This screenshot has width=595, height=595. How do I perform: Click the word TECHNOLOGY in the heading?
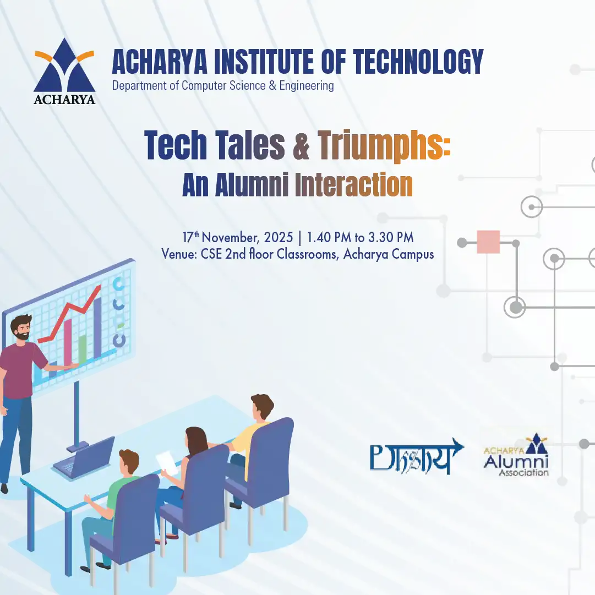coord(418,62)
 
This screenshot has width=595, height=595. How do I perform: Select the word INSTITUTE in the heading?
coord(264,62)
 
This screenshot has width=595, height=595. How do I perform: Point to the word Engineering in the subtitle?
coord(307,86)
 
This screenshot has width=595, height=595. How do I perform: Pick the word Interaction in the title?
coord(354,185)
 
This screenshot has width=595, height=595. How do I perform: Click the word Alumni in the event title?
coord(252,185)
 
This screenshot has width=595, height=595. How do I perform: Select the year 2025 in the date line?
coord(279,238)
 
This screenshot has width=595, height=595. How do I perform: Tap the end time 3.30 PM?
coord(391,238)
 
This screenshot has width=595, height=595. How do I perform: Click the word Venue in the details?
coord(178,254)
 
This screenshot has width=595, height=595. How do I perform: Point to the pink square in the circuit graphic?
coord(488,242)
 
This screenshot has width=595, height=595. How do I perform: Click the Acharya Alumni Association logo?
coord(516,455)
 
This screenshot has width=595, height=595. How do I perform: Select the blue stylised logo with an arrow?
coord(417,456)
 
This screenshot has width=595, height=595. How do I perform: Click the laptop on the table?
coord(84,458)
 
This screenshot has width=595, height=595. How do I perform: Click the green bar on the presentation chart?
coord(83,348)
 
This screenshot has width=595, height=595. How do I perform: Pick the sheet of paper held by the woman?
coord(167,462)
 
